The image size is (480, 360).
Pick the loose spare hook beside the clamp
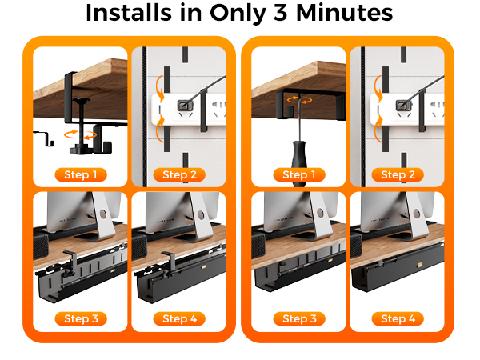pos(45,137)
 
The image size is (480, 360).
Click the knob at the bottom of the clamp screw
pos(80,149)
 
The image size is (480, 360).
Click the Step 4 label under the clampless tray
pos(398,318)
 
